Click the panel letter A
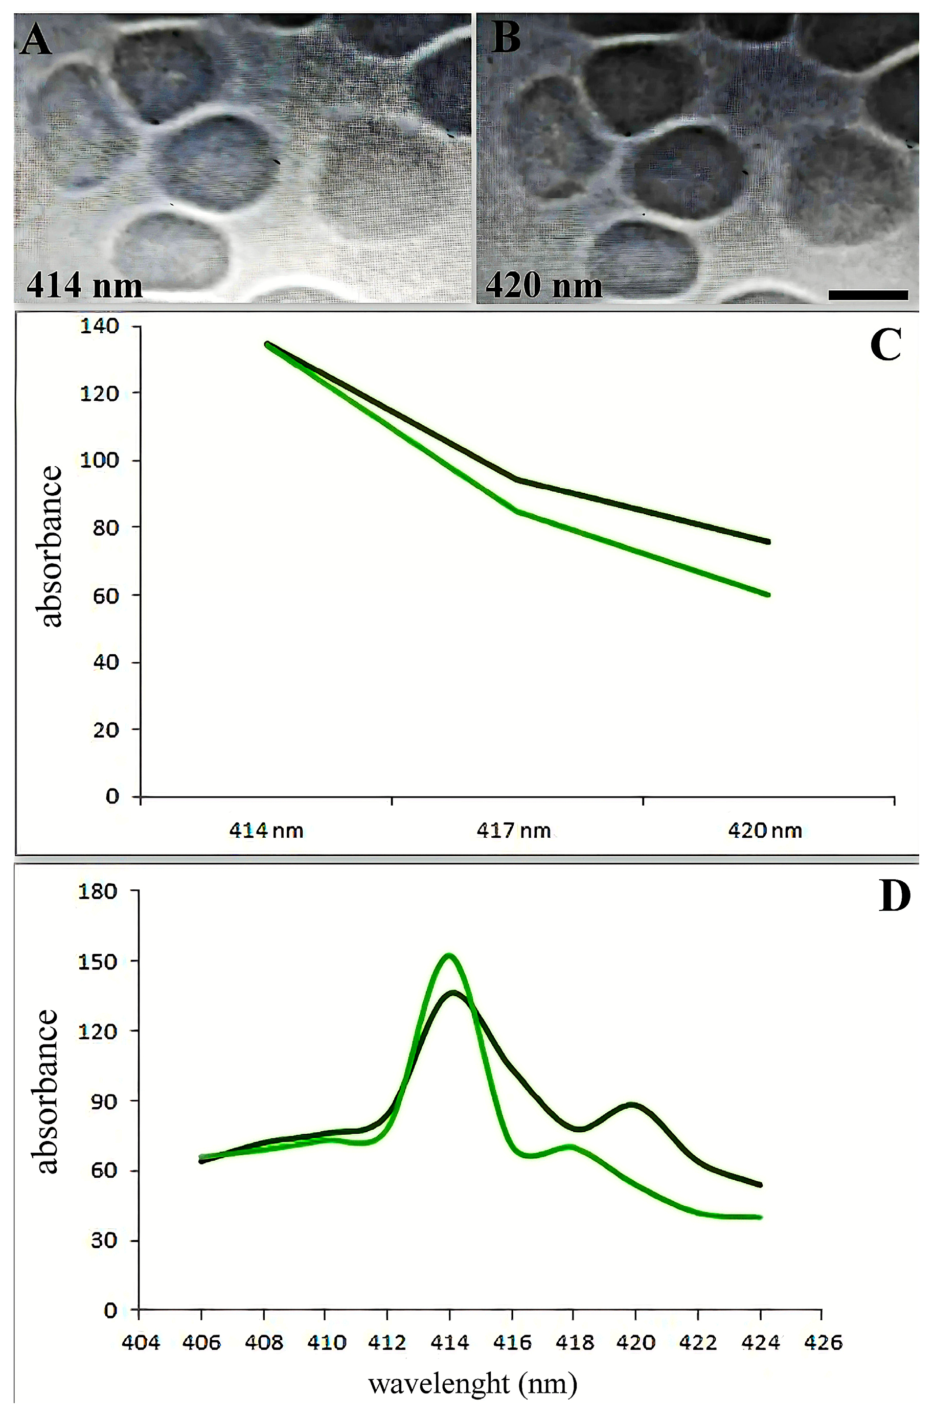[x=36, y=40]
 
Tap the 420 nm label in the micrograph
[x=544, y=285]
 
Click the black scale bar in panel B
[x=868, y=294]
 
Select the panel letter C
[x=885, y=345]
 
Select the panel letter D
[x=894, y=897]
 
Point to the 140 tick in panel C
[x=106, y=326]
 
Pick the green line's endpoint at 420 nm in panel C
[x=768, y=594]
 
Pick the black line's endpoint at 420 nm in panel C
[x=768, y=541]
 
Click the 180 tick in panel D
[x=99, y=891]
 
